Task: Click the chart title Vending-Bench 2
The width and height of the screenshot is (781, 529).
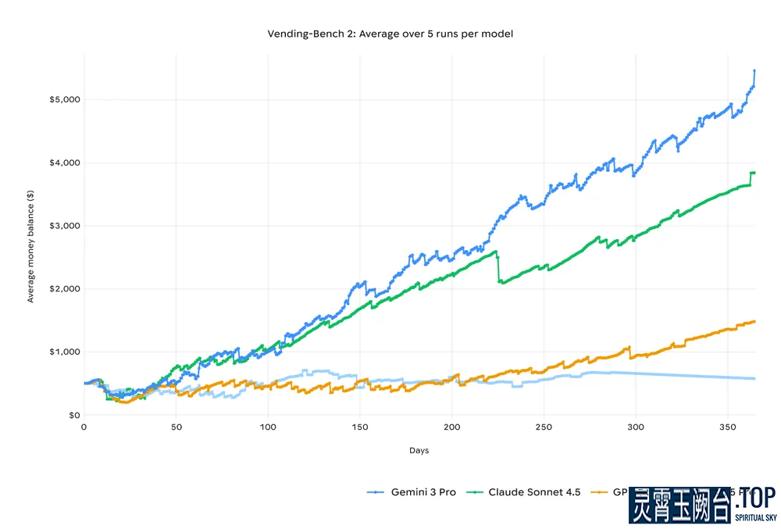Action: pyautogui.click(x=390, y=34)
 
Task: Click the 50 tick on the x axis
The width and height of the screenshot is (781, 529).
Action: pyautogui.click(x=176, y=427)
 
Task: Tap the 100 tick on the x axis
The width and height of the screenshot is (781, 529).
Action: pyautogui.click(x=268, y=427)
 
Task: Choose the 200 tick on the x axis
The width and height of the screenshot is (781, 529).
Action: pyautogui.click(x=452, y=427)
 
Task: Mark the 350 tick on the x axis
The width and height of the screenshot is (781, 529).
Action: pyautogui.click(x=728, y=427)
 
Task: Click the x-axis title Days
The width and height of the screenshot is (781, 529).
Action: pyautogui.click(x=419, y=451)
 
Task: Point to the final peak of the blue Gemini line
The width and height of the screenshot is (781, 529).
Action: pyautogui.click(x=754, y=70)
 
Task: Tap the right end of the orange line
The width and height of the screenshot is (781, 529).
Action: pyautogui.click(x=754, y=321)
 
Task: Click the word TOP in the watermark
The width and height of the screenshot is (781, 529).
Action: pyautogui.click(x=754, y=498)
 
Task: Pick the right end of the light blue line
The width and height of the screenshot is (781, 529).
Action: pyautogui.click(x=754, y=379)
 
